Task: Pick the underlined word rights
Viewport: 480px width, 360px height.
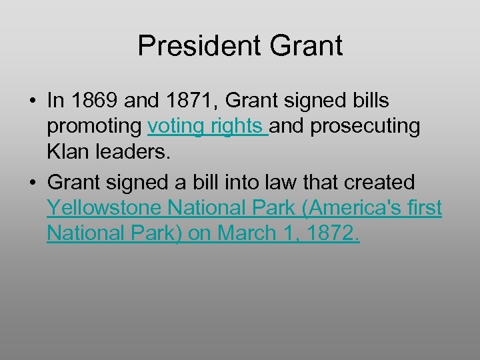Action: pos(236,127)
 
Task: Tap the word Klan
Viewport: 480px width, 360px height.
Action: pos(68,153)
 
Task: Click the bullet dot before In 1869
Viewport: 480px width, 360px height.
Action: pos(32,101)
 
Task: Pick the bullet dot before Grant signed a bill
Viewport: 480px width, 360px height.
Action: pos(32,182)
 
